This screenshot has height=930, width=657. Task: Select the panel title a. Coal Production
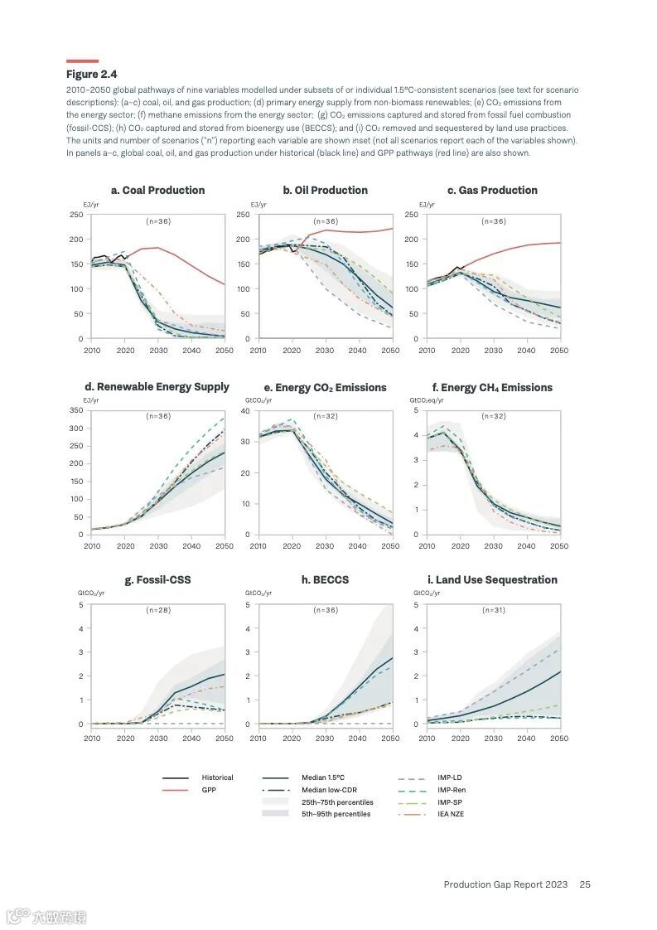click(x=157, y=191)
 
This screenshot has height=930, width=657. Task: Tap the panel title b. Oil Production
click(x=325, y=191)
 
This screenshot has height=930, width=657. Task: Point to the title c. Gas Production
click(x=492, y=191)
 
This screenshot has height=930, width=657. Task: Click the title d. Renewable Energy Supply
click(x=157, y=387)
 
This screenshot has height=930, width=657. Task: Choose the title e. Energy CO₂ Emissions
click(x=325, y=388)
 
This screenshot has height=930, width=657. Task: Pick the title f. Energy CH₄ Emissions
click(x=492, y=388)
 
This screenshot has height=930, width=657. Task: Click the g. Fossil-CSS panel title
click(x=157, y=580)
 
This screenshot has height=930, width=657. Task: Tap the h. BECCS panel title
click(x=325, y=580)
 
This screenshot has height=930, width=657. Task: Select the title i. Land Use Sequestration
click(x=492, y=580)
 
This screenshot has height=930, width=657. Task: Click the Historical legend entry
click(x=217, y=777)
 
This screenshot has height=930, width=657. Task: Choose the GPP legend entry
click(x=209, y=790)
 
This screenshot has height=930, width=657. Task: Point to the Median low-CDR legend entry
click(x=325, y=790)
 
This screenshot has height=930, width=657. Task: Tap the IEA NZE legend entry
click(x=452, y=814)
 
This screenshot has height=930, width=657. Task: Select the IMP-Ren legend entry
click(x=452, y=790)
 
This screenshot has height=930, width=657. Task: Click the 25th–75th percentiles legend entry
click(x=337, y=802)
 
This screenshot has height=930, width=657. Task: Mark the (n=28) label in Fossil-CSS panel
click(x=157, y=610)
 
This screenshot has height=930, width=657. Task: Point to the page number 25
click(x=585, y=884)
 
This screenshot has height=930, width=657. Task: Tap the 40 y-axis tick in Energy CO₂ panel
click(x=245, y=410)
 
